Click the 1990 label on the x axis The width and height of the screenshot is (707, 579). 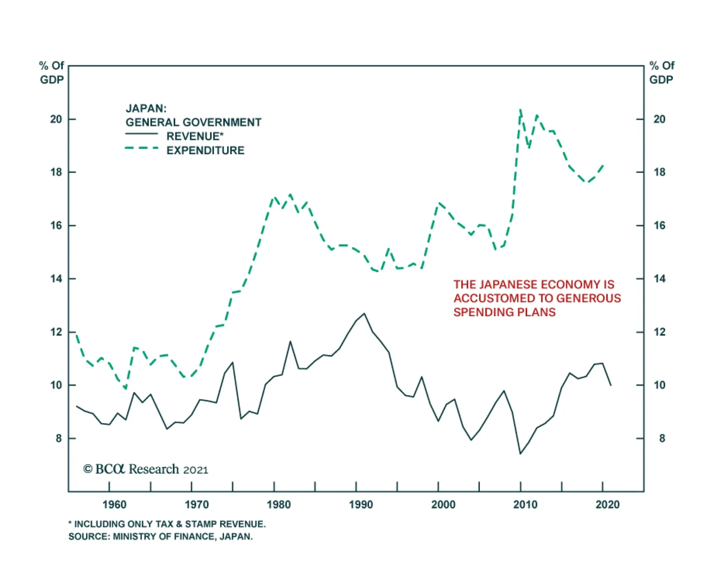pos(361,504)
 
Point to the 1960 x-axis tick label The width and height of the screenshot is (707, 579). pos(114,504)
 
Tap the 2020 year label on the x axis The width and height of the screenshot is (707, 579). pos(607,504)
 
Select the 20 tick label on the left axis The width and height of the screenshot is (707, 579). pos(56,119)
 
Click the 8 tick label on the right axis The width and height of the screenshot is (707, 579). pos(661,439)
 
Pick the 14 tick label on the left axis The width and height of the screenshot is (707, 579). pos(56,279)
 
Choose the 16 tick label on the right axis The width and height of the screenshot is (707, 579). pos(659,226)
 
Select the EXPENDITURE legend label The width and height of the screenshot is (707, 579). pos(205,151)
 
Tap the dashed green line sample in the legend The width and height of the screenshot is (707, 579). pos(141,148)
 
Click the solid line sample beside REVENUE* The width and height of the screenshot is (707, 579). pos(141,134)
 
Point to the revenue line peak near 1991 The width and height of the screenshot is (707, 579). pos(364,314)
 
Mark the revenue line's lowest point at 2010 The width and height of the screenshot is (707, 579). pos(521,454)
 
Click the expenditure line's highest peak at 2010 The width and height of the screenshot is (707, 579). pos(521,110)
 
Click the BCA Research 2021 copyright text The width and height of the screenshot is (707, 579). pos(145,469)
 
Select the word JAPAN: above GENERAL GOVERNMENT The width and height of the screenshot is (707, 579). pos(146,109)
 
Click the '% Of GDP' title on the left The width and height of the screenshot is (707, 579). pos(52,73)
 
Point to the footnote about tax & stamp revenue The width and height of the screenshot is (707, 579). pos(167,524)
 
